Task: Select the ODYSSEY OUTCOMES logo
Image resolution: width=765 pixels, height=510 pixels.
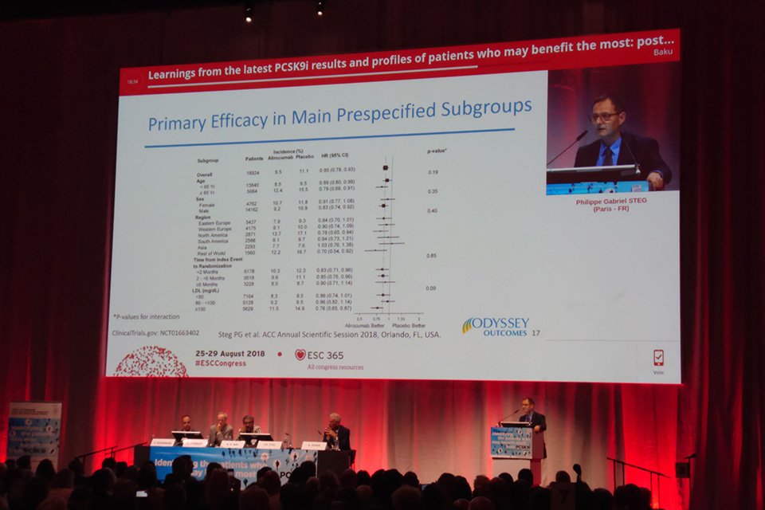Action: (x=496, y=326)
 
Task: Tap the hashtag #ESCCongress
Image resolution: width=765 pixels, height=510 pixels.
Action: (x=221, y=363)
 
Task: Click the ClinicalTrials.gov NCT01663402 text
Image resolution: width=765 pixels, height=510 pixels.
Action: (x=156, y=333)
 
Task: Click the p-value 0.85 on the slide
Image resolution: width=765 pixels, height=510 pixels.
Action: (x=432, y=255)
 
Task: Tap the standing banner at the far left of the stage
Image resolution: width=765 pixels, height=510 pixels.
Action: (x=33, y=434)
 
